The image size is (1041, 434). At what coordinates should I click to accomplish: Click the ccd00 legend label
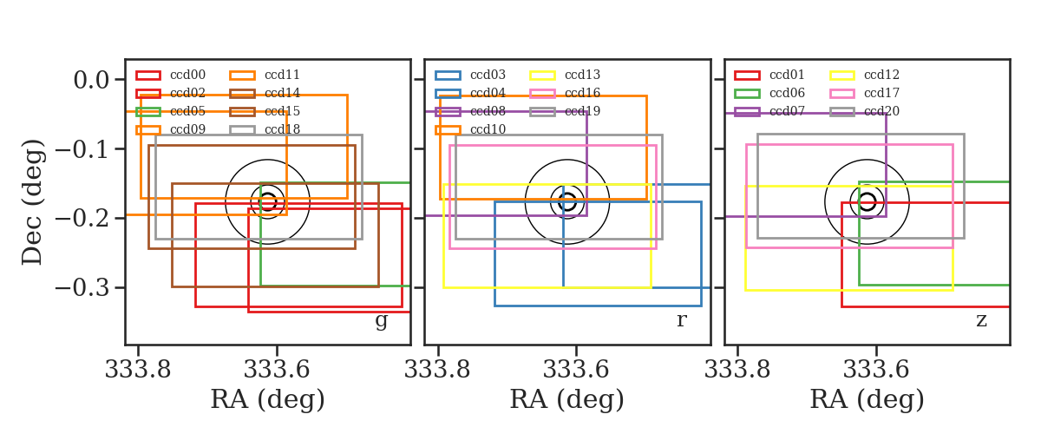187,75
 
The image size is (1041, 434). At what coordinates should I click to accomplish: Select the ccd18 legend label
282,129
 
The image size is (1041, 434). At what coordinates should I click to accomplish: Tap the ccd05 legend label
187,111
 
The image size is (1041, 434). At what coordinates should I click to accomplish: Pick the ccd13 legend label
582,75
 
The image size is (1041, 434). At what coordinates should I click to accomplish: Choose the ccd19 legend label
582,111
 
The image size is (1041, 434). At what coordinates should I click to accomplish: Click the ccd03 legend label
488,75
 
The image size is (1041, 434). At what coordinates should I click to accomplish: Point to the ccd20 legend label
881,111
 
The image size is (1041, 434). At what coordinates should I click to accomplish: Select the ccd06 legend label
787,93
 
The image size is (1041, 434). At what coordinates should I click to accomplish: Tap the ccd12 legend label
881,75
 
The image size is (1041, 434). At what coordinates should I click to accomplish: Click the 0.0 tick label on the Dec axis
92,80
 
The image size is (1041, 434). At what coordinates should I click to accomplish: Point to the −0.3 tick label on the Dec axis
82,288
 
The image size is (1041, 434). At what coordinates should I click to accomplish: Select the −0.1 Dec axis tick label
82,149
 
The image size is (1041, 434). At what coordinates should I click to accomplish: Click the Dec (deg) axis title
33,202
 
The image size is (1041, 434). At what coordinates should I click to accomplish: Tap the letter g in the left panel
381,321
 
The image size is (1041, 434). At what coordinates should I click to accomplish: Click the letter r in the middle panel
681,319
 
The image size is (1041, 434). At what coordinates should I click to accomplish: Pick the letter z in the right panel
981,320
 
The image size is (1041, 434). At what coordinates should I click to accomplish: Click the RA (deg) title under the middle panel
567,399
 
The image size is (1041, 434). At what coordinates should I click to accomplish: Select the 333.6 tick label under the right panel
875,370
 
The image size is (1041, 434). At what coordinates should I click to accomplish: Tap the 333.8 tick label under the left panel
138,370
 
